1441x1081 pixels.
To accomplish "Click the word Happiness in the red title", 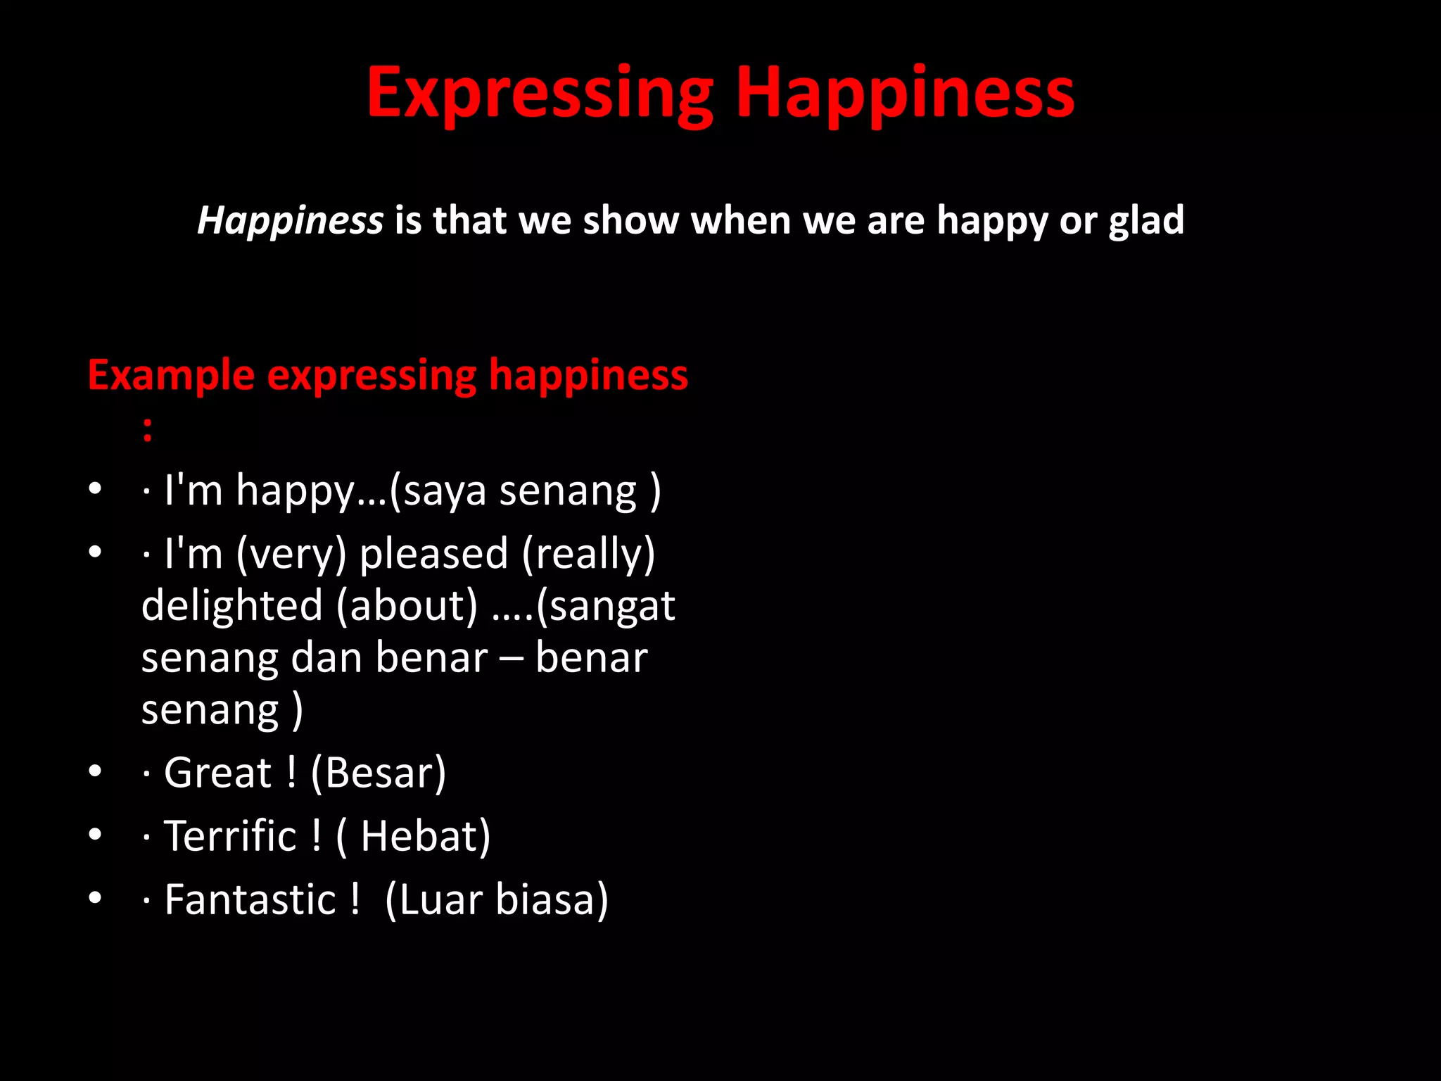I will (x=905, y=94).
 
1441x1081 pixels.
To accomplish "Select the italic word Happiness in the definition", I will (x=290, y=221).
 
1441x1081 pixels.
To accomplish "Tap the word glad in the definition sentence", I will (x=1146, y=221).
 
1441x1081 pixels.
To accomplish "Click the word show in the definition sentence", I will (x=630, y=221).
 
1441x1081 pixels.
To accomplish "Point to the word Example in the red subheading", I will (x=171, y=375).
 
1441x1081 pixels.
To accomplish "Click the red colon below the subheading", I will (x=147, y=429).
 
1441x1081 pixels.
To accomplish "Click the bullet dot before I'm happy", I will (x=96, y=488).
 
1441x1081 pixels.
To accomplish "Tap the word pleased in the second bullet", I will (x=433, y=554).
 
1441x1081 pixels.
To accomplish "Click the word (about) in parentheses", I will (x=407, y=606).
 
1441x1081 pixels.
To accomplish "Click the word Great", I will (x=217, y=773).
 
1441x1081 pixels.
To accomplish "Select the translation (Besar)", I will (x=378, y=773).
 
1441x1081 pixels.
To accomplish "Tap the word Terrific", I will (x=229, y=837).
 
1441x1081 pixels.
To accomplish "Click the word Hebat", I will (x=420, y=837).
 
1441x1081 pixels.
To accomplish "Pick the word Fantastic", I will (x=250, y=900).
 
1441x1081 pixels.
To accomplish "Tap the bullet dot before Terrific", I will (x=96, y=835).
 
